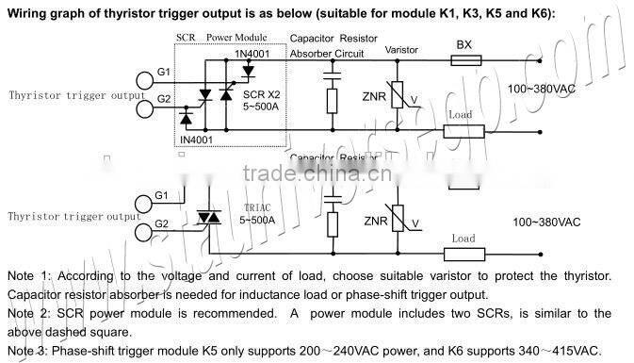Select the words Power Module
pyautogui.click(x=236, y=38)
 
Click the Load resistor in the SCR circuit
pyautogui.click(x=460, y=130)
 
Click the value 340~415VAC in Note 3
pyautogui.click(x=557, y=350)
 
